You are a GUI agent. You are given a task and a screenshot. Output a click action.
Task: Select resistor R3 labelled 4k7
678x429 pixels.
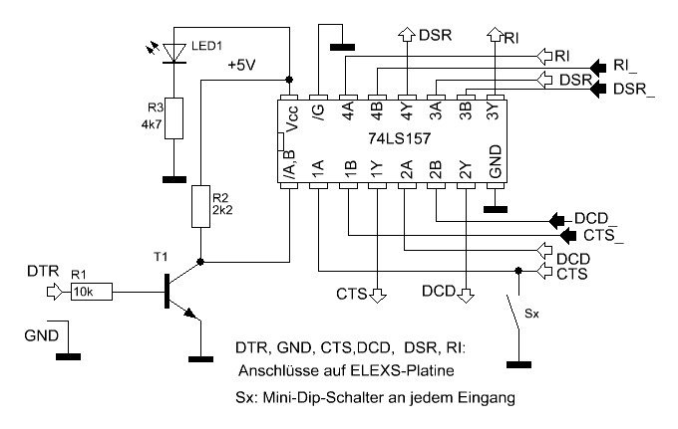(x=174, y=118)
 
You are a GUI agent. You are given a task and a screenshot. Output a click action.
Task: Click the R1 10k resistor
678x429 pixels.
(x=92, y=292)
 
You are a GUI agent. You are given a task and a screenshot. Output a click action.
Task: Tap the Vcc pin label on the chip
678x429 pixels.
(x=292, y=118)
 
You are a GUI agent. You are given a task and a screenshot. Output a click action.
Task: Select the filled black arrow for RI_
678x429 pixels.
(x=597, y=67)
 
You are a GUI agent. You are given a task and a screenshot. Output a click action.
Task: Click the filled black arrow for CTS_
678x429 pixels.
(x=568, y=236)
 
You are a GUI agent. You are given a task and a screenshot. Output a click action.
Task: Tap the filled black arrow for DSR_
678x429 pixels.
(x=597, y=90)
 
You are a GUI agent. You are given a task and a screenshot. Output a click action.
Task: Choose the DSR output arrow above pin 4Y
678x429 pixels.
(x=406, y=35)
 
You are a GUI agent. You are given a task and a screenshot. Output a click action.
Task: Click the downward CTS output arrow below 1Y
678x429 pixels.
(x=378, y=294)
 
